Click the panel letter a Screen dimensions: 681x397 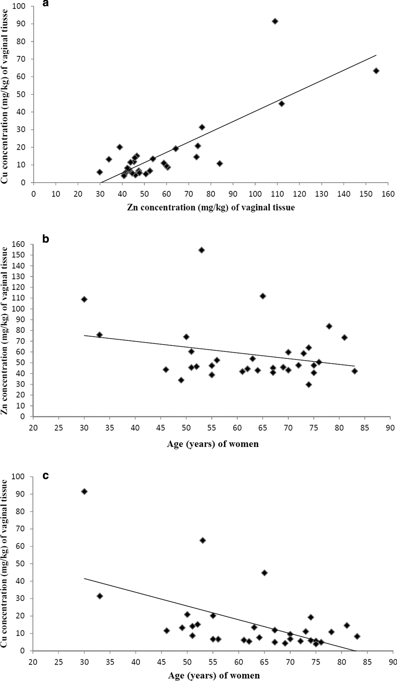(46, 4)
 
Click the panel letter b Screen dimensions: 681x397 (46, 239)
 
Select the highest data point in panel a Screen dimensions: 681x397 (275, 21)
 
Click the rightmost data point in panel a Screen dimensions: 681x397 (376, 71)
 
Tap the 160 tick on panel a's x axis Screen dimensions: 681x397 (389, 194)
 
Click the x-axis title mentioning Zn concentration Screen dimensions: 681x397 (211, 208)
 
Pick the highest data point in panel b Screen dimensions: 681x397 (202, 250)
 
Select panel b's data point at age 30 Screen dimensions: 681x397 (84, 299)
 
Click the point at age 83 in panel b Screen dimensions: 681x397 (355, 371)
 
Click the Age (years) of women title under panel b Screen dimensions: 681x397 (213, 444)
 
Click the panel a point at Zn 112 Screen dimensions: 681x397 (282, 104)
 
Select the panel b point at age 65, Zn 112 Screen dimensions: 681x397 (263, 296)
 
